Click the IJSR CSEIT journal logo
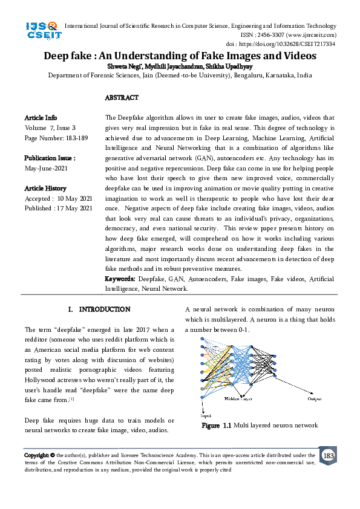click(x=41, y=30)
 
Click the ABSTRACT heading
click(x=122, y=97)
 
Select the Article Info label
click(x=41, y=117)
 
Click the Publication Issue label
click(x=50, y=158)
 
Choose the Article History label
click(x=45, y=189)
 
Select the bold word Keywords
click(x=119, y=279)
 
